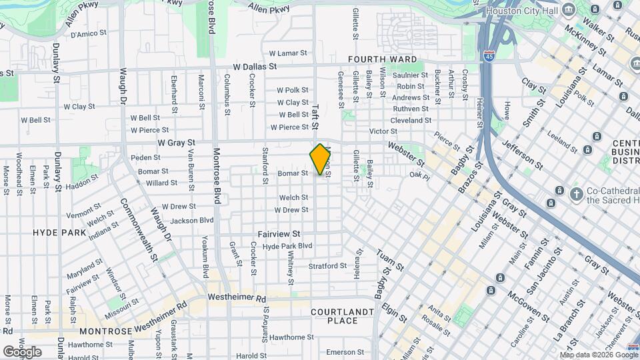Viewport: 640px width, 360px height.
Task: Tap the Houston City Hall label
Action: coord(521,11)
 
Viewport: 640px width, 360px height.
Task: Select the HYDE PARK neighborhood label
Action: coord(59,233)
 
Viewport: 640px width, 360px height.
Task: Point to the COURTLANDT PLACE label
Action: coord(343,316)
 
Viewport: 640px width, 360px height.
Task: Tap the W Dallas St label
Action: coord(255,67)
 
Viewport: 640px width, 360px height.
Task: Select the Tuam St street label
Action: coord(390,260)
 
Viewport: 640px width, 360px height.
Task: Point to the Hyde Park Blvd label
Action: coord(287,246)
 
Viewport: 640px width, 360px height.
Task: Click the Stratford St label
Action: coord(327,266)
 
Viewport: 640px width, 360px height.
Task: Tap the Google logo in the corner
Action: coord(22,351)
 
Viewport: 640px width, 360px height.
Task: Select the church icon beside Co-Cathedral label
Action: coord(577,194)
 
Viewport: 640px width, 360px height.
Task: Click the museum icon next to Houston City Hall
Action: coord(569,9)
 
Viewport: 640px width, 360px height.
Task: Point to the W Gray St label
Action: coord(177,143)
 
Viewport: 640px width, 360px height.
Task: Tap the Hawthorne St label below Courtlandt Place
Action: coord(292,337)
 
